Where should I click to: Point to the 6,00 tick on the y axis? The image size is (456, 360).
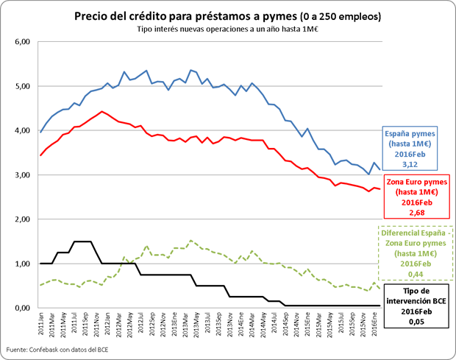click(22, 42)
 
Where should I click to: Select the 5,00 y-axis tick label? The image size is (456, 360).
click(22, 86)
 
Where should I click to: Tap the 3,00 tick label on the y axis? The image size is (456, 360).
click(22, 175)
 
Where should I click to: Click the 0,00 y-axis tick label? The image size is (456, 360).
click(22, 308)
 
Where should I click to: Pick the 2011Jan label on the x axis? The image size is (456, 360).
click(41, 324)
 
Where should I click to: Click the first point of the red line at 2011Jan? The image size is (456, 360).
click(40, 155)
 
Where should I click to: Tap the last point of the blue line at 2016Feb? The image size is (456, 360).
click(380, 170)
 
